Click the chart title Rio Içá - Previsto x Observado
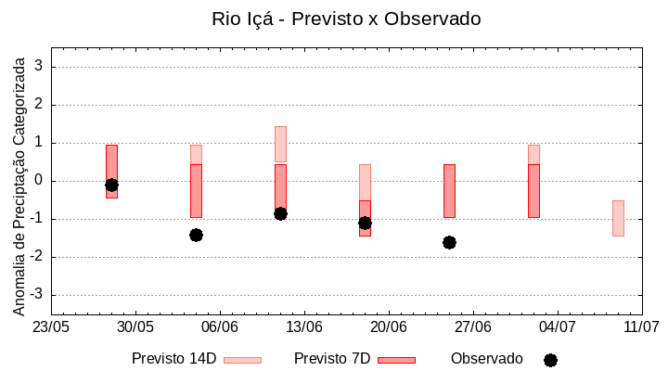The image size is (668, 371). click(346, 19)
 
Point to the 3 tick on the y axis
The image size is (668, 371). click(40, 67)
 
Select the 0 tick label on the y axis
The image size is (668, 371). click(40, 181)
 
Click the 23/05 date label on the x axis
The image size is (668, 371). click(51, 327)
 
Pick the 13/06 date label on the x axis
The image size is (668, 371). click(304, 327)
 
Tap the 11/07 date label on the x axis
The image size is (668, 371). click(641, 327)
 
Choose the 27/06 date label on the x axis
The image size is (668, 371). click(473, 327)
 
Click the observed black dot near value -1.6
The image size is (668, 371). click(449, 242)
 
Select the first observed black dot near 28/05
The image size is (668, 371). click(111, 185)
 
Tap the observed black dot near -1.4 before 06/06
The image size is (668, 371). click(196, 235)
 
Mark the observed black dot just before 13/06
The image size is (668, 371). click(280, 213)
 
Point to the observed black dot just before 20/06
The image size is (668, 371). click(365, 223)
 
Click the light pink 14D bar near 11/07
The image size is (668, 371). click(618, 218)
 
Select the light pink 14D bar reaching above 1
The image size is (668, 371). click(280, 144)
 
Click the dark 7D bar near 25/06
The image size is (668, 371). click(449, 190)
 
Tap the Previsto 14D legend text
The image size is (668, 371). click(173, 359)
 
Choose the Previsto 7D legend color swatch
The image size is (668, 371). click(396, 360)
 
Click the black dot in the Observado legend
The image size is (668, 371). click(550, 360)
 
